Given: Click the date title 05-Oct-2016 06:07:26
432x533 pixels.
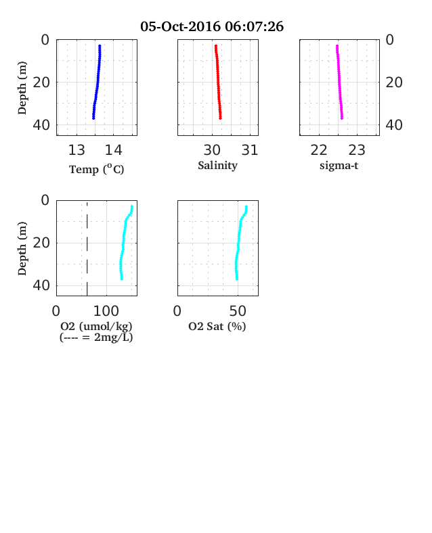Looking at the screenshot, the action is click(x=211, y=26).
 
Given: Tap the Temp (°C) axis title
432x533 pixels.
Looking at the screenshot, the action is click(x=97, y=169).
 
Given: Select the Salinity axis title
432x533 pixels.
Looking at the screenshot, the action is click(x=218, y=166).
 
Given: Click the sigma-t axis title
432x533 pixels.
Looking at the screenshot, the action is click(x=339, y=166).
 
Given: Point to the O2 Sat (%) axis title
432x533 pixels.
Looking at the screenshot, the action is click(x=217, y=326).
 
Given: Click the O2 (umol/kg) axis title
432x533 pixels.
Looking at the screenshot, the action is click(x=96, y=326).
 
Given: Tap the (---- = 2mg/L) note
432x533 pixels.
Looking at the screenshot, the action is click(x=96, y=338).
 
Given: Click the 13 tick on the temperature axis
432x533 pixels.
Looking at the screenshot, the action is click(x=77, y=150).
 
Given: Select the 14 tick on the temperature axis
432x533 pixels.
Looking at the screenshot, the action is click(x=113, y=150).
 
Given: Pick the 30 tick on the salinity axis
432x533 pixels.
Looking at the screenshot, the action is click(x=212, y=150).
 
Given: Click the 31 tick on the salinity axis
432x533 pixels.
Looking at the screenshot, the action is click(x=250, y=150).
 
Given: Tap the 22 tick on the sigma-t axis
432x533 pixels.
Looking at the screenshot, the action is click(x=319, y=150).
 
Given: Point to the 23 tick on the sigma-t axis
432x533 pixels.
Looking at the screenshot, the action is click(x=357, y=150).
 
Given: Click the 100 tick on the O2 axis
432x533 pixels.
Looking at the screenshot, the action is click(x=106, y=310).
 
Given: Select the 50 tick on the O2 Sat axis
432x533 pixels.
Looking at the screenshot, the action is click(x=238, y=310).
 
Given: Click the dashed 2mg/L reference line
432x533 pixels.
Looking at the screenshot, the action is click(x=87, y=249).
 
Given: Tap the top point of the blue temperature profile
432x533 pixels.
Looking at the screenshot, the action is click(x=100, y=46).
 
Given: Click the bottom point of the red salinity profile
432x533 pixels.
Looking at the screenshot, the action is click(x=221, y=118).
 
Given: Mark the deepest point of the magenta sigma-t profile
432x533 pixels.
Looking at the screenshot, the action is click(x=342, y=118).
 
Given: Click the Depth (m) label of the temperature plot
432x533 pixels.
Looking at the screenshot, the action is click(x=22, y=88).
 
